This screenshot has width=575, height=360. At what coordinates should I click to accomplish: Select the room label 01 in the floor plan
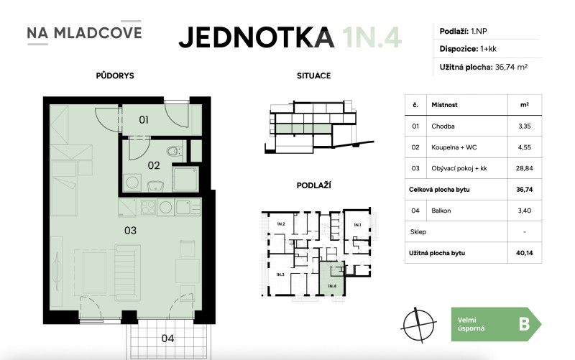click(144, 120)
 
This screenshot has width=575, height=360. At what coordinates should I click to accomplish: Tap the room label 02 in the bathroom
click(154, 165)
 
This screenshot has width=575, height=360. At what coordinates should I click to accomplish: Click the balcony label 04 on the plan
click(167, 336)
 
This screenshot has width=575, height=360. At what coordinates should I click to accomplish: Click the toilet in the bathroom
click(172, 152)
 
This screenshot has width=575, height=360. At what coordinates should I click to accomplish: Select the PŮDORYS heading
click(114, 75)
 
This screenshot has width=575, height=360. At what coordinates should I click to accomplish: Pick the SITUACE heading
click(313, 75)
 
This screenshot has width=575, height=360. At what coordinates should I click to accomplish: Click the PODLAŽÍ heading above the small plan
click(313, 185)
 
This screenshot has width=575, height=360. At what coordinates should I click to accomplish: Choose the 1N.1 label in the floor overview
click(357, 225)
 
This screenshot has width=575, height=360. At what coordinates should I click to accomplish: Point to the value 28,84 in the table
click(524, 169)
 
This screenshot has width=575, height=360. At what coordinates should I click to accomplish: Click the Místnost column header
click(445, 105)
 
